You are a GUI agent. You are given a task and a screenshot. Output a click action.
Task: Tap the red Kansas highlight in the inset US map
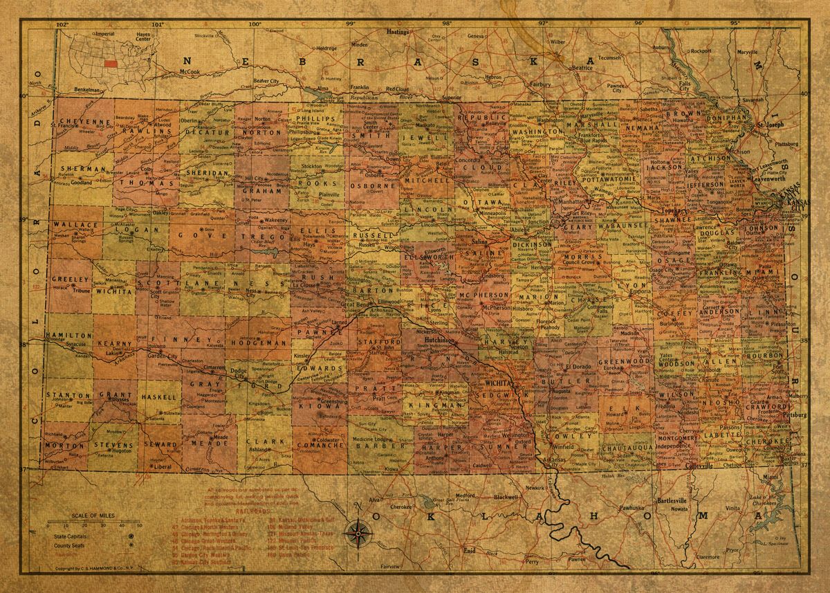point(110,62)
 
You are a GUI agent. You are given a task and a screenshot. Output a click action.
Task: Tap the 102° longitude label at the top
point(62,25)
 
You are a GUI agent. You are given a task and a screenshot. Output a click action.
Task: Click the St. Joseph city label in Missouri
point(768,125)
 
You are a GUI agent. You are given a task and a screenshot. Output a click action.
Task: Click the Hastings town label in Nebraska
point(398,32)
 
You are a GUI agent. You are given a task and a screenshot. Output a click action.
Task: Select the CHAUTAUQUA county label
point(627,448)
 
